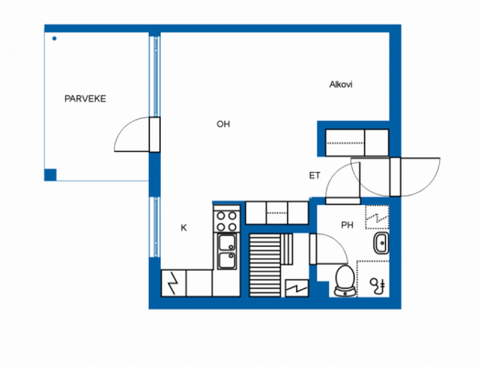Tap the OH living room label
(x=223, y=124)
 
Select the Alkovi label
(x=341, y=85)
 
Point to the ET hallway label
(x=315, y=176)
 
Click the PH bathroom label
(x=347, y=225)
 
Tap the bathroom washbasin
(x=380, y=244)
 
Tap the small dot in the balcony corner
(x=54, y=38)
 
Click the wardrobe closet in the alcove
(x=358, y=141)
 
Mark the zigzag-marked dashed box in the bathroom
(x=378, y=217)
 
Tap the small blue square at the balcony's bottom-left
(x=50, y=174)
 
